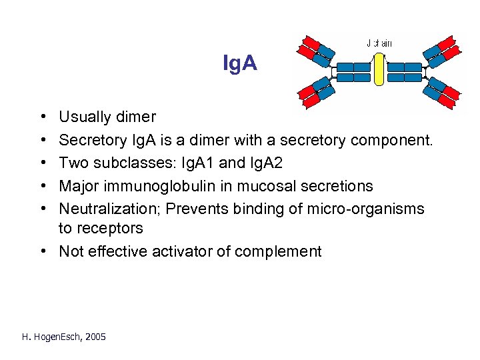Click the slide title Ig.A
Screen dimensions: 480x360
(239, 64)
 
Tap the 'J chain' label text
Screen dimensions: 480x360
(379, 43)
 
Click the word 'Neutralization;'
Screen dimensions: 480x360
(110, 209)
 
